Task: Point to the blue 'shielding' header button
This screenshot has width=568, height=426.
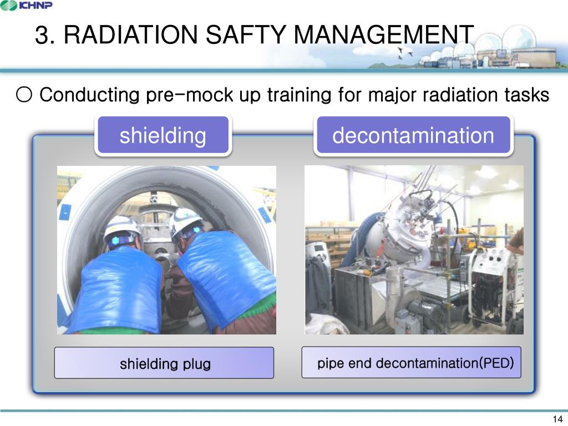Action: tap(163, 135)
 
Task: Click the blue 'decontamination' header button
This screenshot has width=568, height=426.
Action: tap(413, 135)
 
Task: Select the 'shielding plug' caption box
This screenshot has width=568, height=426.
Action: tap(164, 363)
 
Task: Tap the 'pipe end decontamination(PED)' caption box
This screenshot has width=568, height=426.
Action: tap(411, 363)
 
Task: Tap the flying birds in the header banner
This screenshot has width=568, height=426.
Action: tap(408, 53)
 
